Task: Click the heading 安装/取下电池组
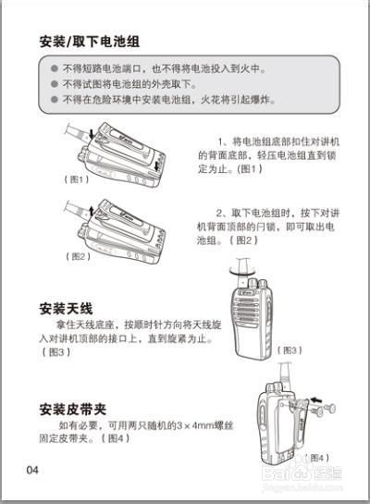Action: click(90, 42)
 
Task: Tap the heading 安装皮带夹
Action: click(79, 409)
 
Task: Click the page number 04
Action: click(33, 470)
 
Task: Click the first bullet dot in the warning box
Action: click(53, 69)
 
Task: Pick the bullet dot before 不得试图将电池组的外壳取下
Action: click(53, 83)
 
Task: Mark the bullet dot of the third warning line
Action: click(53, 98)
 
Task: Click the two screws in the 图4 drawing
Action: click(324, 407)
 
